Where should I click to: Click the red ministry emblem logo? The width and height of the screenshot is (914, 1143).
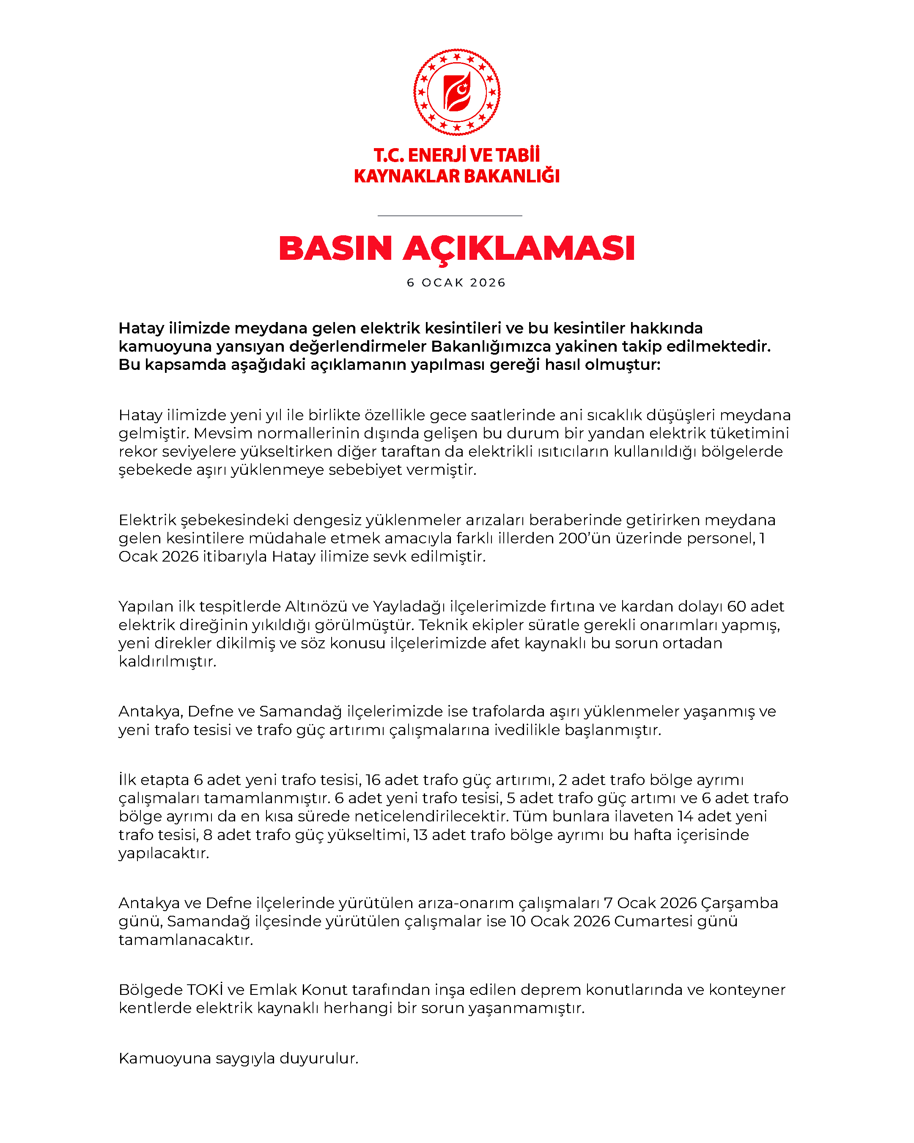pos(457,92)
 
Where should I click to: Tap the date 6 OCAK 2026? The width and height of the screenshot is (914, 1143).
pos(456,283)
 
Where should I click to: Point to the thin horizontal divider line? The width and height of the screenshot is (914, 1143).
pos(450,216)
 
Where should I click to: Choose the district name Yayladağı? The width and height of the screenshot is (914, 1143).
pos(409,606)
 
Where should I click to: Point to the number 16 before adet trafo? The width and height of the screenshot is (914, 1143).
pos(373,779)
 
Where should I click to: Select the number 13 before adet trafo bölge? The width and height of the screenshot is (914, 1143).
pos(420,835)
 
